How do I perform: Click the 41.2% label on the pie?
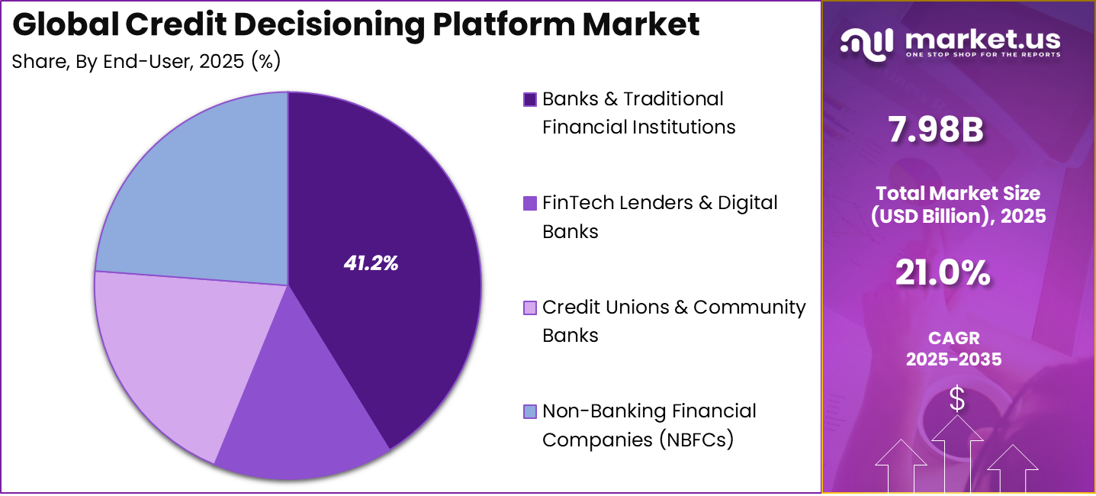(371, 264)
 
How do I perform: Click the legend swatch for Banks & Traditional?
(530, 100)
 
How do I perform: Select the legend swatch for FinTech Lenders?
(530, 204)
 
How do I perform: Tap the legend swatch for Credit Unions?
(530, 308)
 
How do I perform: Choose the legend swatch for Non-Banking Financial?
(530, 412)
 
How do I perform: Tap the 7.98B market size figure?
(935, 130)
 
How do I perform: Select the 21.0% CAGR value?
(943, 272)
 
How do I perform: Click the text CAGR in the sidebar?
(953, 337)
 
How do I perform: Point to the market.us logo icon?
(866, 42)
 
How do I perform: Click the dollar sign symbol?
(956, 399)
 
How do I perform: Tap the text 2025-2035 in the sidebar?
(953, 359)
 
